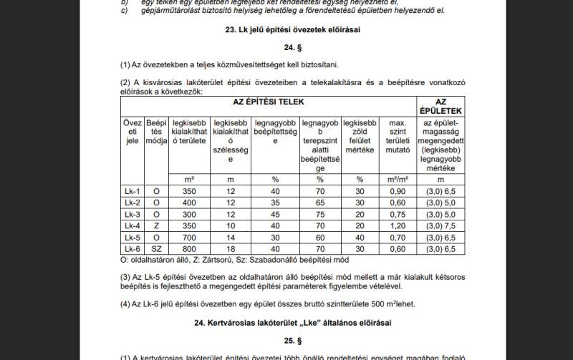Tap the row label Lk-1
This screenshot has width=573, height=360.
[x=132, y=191]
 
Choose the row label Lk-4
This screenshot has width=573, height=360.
[x=132, y=225]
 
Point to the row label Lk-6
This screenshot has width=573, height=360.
[x=132, y=248]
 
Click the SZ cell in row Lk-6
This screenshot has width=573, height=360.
[x=156, y=248]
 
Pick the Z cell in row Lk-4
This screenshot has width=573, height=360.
[x=156, y=225]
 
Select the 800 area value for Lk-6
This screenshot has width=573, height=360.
[x=188, y=248]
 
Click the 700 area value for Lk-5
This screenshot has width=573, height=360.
[x=188, y=237]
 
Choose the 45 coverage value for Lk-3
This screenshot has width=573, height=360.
[x=275, y=214]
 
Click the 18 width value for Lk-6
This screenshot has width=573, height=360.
[x=231, y=248]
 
